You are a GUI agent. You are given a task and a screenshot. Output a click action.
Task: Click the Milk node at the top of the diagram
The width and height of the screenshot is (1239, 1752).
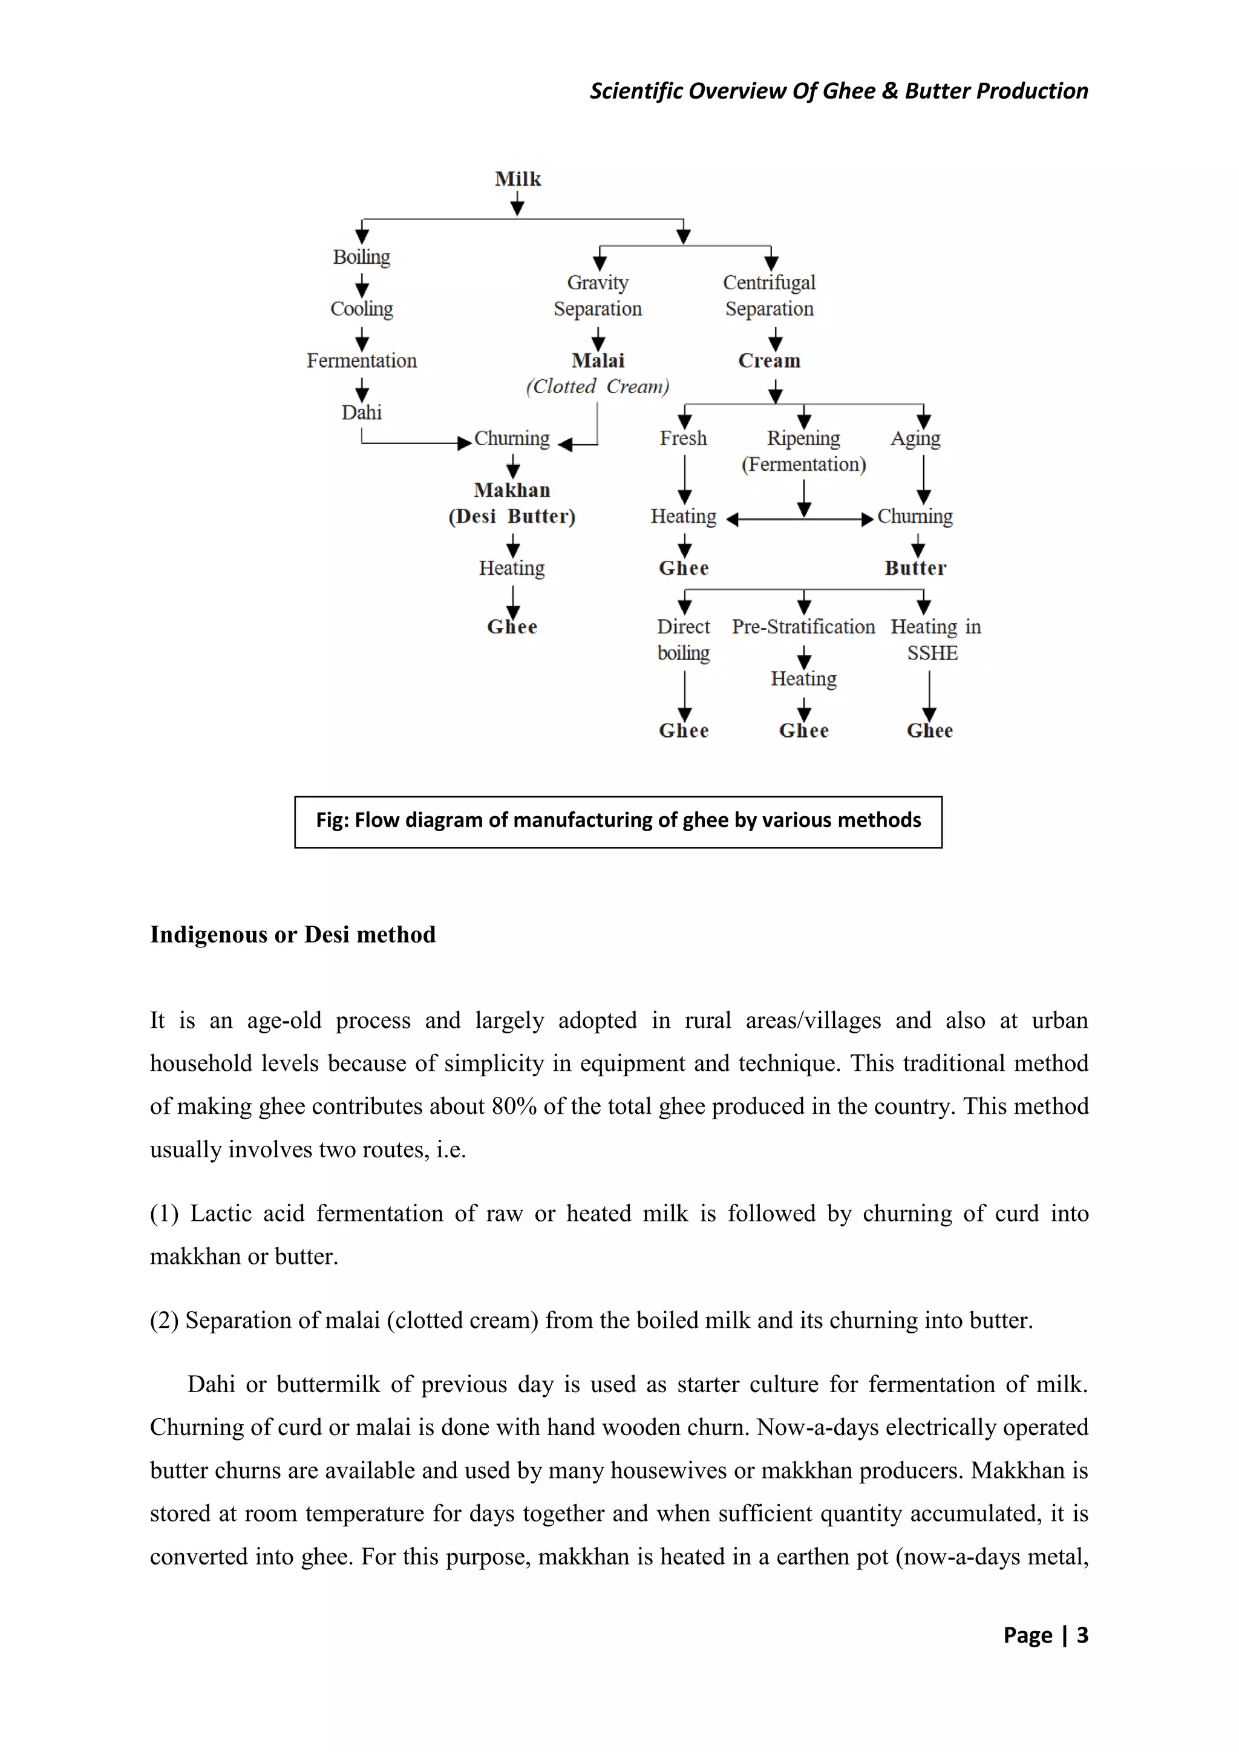517,178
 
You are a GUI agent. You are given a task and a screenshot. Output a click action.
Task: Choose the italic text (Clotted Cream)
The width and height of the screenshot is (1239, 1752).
597,387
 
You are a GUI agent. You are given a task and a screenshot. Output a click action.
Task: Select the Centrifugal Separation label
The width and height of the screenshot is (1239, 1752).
769,296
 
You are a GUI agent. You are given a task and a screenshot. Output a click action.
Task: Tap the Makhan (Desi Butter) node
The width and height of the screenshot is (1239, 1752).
512,503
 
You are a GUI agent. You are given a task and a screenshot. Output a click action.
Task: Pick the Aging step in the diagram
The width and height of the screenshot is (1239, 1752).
915,439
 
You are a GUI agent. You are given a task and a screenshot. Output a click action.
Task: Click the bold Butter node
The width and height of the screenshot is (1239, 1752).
915,569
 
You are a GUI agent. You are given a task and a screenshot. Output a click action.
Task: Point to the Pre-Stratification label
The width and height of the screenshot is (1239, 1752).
803,627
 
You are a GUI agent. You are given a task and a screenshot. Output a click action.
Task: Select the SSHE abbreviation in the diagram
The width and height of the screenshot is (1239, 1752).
932,654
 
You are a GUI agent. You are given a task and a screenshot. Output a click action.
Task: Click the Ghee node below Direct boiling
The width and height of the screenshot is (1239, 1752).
684,731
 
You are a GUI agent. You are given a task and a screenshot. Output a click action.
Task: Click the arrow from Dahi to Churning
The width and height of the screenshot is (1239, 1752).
412,443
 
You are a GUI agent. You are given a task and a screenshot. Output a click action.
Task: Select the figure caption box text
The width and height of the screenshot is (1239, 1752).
618,820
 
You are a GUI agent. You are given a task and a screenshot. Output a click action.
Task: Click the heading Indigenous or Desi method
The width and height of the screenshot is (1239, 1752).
292,935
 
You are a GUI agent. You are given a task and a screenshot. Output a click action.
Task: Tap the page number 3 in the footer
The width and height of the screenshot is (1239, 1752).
1082,1635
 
